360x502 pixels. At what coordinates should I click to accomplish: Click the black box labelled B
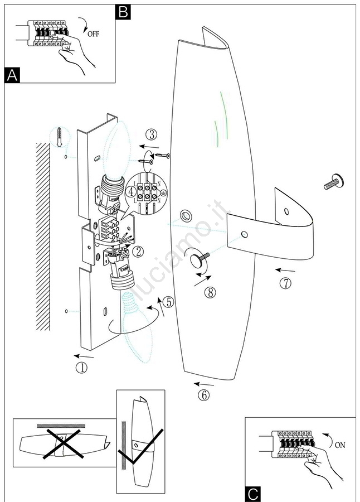click(x=123, y=11)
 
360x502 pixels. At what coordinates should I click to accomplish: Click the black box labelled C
click(x=252, y=494)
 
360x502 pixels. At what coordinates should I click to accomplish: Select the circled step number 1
click(x=81, y=368)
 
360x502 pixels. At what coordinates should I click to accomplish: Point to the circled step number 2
click(x=138, y=252)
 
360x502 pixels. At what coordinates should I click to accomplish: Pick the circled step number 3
click(x=152, y=134)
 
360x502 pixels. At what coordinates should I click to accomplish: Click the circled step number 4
click(x=131, y=191)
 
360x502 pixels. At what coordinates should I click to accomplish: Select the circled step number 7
click(x=285, y=283)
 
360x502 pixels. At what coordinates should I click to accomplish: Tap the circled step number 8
click(x=209, y=292)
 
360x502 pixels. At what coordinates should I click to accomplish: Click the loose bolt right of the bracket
click(x=333, y=181)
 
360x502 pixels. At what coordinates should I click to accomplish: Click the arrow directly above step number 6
click(x=204, y=384)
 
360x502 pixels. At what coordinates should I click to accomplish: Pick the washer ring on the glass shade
click(x=184, y=216)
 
